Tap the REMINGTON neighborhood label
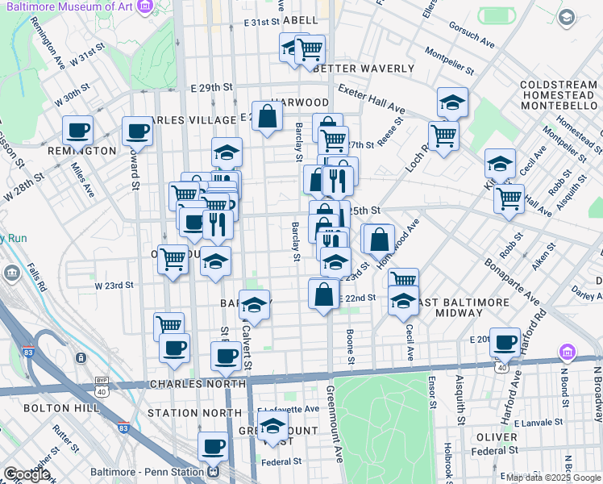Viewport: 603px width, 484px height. pyautogui.click(x=81, y=151)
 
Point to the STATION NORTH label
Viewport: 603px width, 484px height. pyautogui.click(x=194, y=413)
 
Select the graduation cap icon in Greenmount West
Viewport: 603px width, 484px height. pyautogui.click(x=273, y=423)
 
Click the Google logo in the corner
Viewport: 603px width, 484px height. pyautogui.click(x=27, y=474)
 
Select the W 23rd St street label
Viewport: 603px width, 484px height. pyautogui.click(x=114, y=286)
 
